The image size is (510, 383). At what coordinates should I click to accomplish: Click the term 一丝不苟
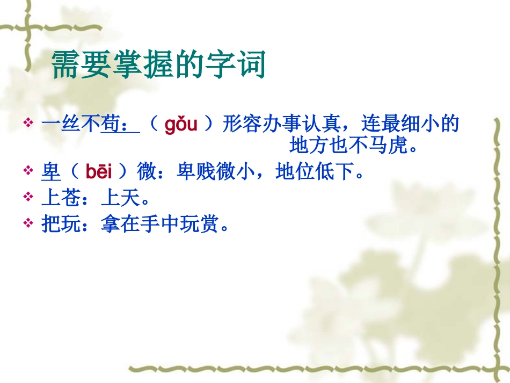(81, 125)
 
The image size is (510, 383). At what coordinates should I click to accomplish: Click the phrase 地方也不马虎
(354, 145)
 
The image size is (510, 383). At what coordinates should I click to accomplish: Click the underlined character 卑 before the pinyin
(51, 172)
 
